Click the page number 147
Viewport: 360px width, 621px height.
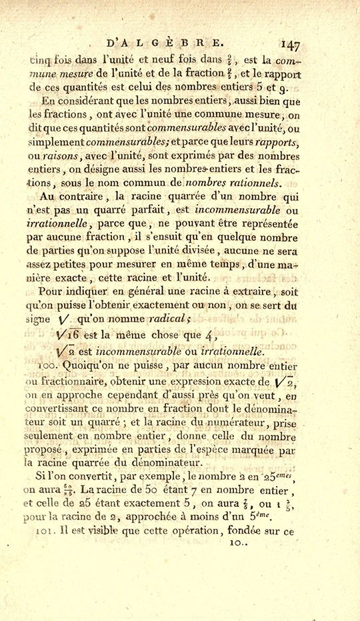(x=289, y=45)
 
